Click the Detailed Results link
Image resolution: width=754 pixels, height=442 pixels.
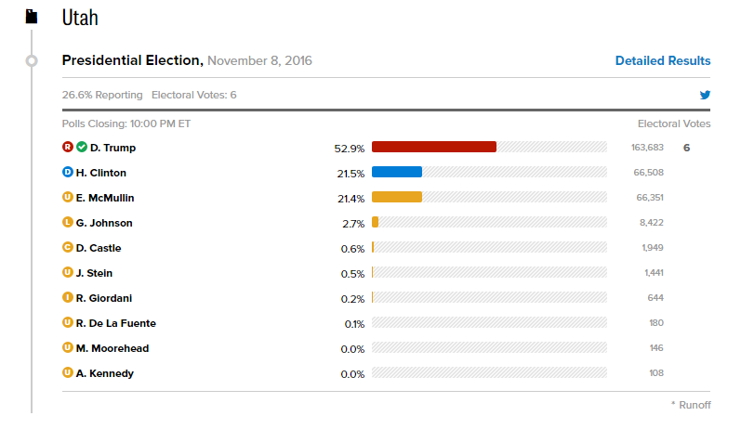663,61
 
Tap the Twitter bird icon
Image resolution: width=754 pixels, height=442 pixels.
705,95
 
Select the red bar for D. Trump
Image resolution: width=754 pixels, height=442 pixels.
434,147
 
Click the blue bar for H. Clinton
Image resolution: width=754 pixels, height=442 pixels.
397,172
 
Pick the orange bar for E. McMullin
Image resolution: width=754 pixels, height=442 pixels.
397,197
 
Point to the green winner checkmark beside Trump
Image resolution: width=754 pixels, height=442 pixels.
81,147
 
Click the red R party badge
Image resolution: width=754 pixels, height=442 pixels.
67,147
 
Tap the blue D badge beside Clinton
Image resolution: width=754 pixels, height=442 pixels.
67,172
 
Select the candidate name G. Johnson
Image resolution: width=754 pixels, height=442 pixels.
104,223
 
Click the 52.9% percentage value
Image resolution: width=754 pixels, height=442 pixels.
349,148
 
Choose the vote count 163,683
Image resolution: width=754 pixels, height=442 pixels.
647,148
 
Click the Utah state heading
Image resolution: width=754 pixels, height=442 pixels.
80,18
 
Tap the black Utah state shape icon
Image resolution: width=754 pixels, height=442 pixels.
32,17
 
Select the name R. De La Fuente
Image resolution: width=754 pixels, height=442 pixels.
116,323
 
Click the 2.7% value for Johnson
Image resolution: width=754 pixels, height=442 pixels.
353,223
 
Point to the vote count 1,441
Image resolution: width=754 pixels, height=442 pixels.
654,273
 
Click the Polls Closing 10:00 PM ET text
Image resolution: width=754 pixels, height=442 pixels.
126,123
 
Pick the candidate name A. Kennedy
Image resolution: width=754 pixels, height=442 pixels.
105,373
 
